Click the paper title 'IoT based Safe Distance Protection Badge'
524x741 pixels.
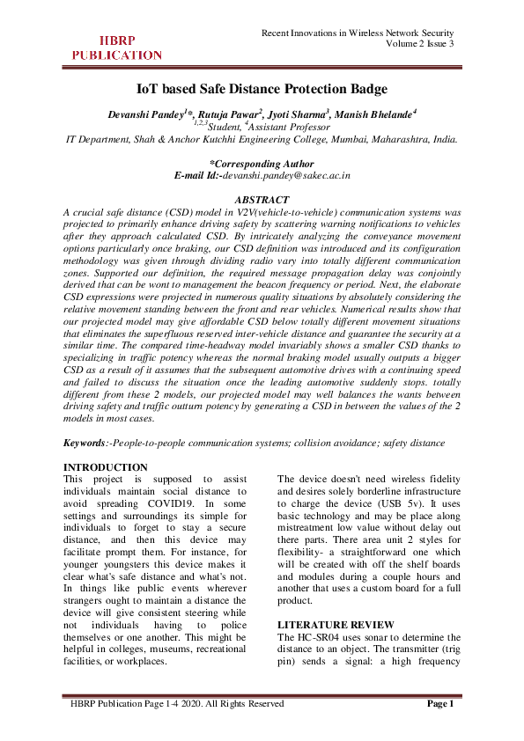tap(262, 89)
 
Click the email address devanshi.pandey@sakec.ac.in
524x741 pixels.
tap(286, 176)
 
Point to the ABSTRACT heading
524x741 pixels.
tap(262, 200)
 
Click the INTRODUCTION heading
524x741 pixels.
tap(107, 466)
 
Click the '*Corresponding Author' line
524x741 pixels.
tap(262, 164)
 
